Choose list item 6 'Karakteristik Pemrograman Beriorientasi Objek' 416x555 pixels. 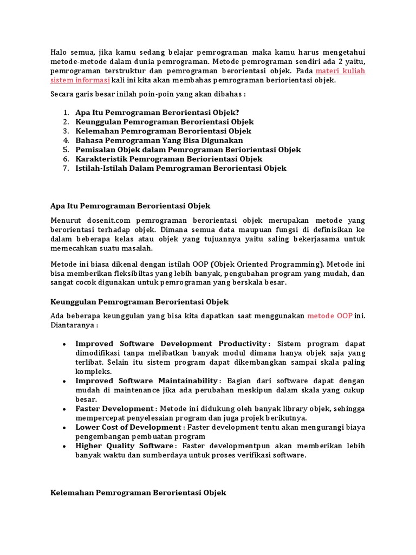coord(168,159)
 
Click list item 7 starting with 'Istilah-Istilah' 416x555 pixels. coord(181,168)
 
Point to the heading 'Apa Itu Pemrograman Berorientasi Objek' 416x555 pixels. coord(130,206)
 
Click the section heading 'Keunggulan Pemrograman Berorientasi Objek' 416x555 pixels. coord(139,301)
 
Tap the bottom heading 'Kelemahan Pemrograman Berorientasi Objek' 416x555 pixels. coord(138,493)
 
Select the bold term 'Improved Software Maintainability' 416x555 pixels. coord(146,381)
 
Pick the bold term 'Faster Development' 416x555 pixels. coord(114,409)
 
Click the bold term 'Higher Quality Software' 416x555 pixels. coord(125,446)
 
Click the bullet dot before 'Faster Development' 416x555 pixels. coord(64,409)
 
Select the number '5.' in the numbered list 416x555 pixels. coord(66,150)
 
